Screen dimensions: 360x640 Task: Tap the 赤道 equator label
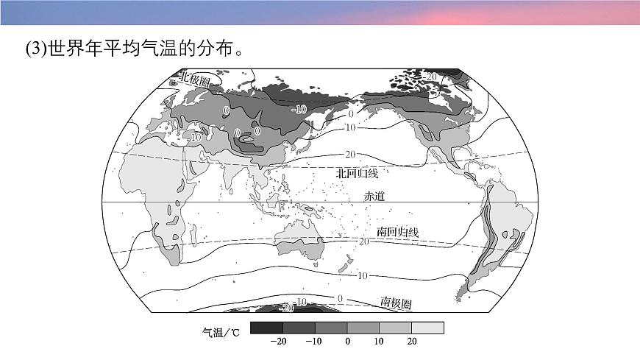pyautogui.click(x=374, y=196)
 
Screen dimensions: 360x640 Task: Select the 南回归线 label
pyautogui.click(x=397, y=232)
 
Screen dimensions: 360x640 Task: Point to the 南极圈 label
pyautogui.click(x=396, y=303)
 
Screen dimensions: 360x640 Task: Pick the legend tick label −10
pyautogui.click(x=313, y=342)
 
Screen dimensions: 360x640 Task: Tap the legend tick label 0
pyautogui.click(x=347, y=342)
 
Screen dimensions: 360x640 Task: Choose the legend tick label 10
pyautogui.click(x=380, y=342)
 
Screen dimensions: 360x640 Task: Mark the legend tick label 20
pyautogui.click(x=413, y=342)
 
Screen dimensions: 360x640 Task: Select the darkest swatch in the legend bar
pyautogui.click(x=266, y=328)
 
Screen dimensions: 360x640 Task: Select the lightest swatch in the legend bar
pyautogui.click(x=428, y=328)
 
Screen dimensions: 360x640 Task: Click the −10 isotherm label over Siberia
pyautogui.click(x=298, y=109)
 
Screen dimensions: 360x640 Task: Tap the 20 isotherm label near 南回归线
pyautogui.click(x=363, y=241)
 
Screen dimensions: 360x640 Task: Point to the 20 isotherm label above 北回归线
pyautogui.click(x=349, y=154)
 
